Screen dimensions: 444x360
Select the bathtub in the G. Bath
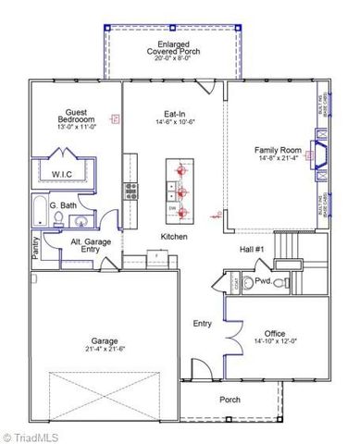(x=40, y=213)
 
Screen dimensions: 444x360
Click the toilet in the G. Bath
(x=57, y=219)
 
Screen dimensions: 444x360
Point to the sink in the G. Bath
(x=80, y=220)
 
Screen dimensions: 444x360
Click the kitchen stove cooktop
(x=130, y=191)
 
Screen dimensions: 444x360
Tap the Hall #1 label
(x=253, y=249)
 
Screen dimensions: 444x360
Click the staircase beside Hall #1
(x=295, y=249)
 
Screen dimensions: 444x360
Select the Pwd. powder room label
(x=263, y=281)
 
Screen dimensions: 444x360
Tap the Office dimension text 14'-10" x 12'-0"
(x=274, y=342)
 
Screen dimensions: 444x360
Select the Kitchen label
(x=174, y=237)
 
